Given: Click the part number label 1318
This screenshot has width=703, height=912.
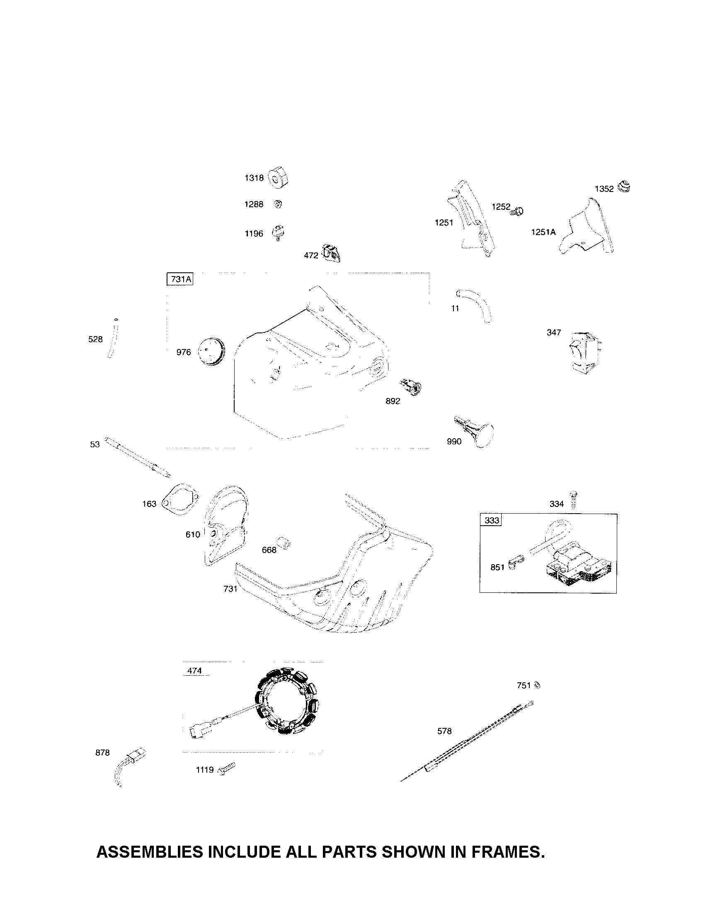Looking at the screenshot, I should [254, 178].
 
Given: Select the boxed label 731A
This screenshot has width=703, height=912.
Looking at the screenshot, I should [180, 279].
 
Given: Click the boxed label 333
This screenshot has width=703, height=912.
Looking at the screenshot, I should [491, 521].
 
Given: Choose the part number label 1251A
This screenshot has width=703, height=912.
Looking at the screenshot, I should [543, 232].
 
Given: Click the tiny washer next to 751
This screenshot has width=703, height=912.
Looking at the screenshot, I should [538, 685].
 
